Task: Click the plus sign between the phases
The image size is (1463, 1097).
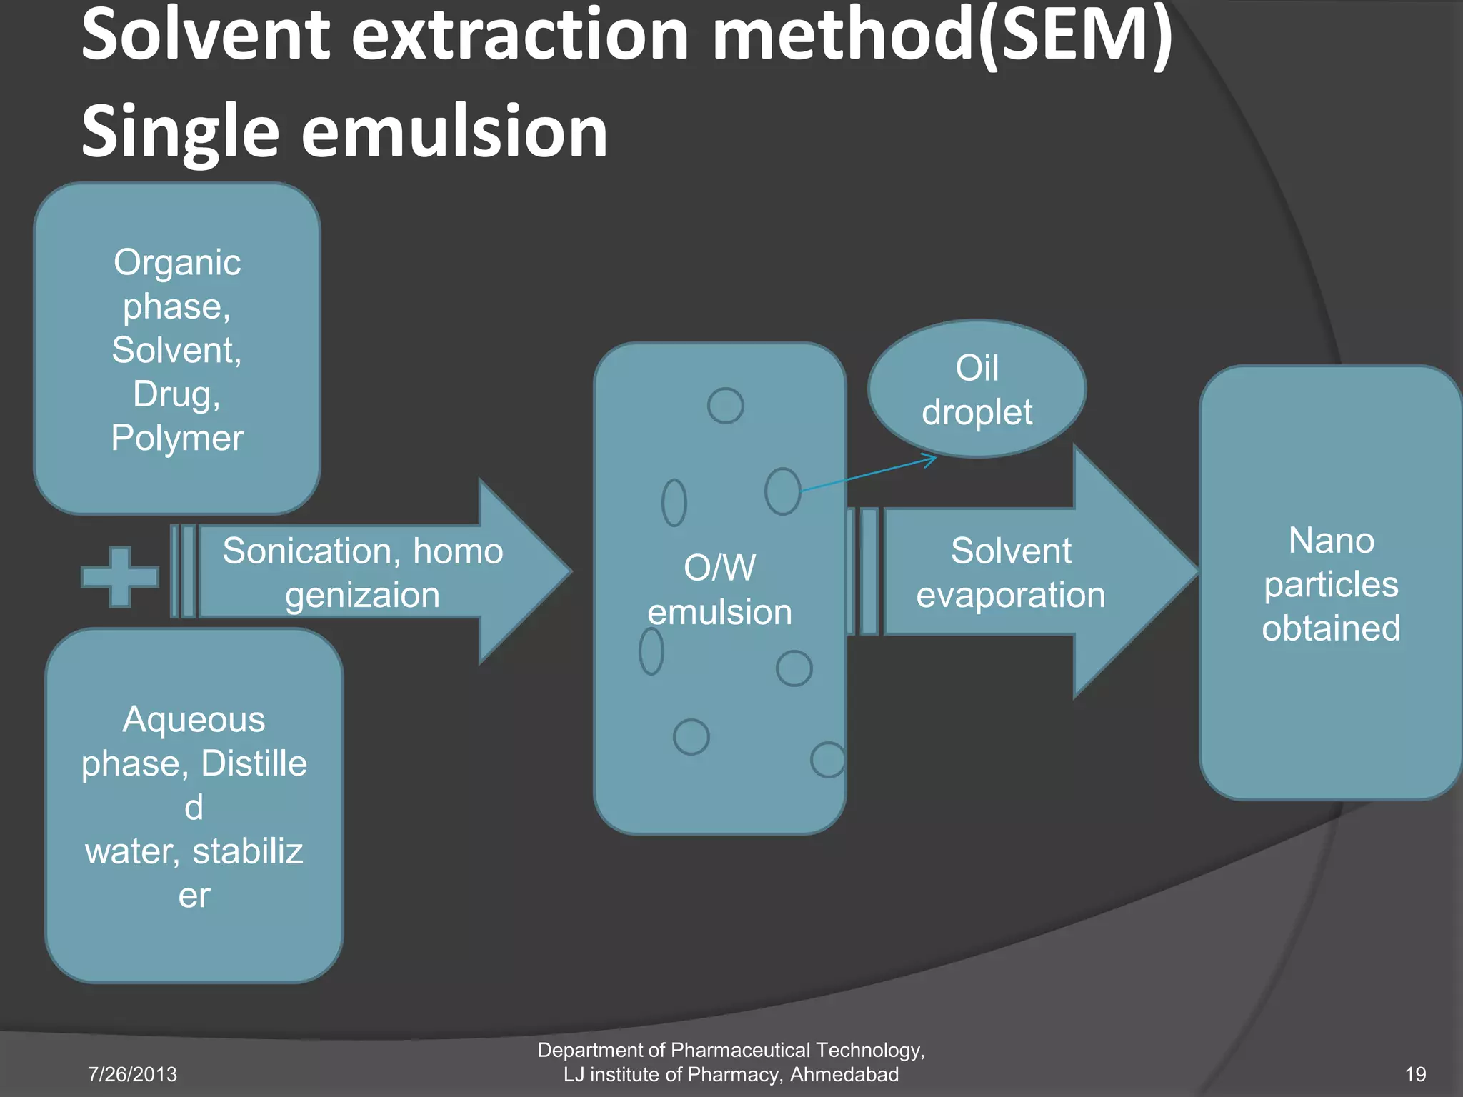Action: [x=119, y=576]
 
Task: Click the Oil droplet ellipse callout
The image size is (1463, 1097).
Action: [x=977, y=389]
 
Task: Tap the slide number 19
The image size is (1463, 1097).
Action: [x=1415, y=1074]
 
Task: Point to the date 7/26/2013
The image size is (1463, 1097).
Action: [x=132, y=1074]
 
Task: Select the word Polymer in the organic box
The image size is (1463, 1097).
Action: [x=177, y=438]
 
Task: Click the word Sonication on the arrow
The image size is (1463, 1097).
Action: [x=306, y=551]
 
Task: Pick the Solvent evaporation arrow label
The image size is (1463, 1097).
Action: [x=1010, y=573]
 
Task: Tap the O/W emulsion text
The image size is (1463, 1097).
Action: [x=719, y=590]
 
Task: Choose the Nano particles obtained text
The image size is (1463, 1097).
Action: [x=1331, y=584]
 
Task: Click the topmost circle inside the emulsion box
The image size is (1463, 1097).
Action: [x=725, y=406]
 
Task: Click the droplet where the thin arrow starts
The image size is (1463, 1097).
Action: [x=782, y=491]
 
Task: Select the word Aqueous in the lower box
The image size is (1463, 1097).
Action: [x=194, y=720]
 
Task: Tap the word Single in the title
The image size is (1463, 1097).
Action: [x=179, y=132]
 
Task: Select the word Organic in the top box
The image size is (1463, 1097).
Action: [x=177, y=263]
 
